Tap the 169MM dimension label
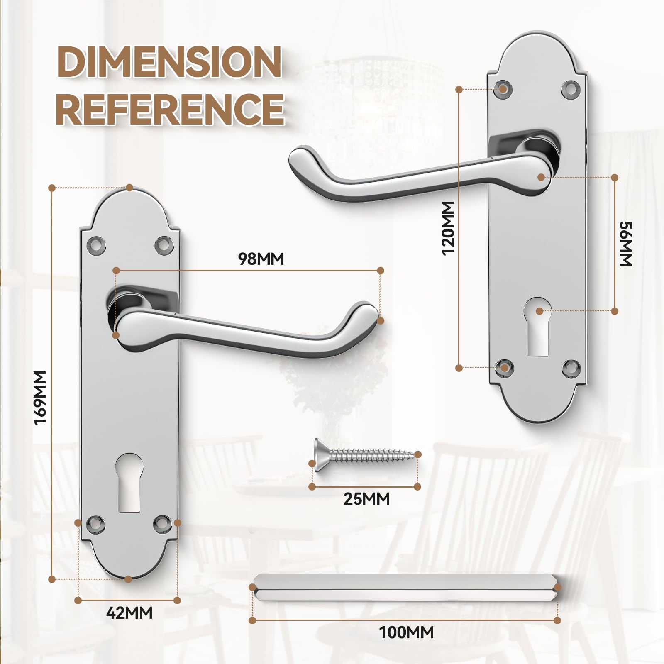pos(40,397)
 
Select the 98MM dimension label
pos(261,259)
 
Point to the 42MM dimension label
pos(129,613)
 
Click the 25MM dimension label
pos(366,498)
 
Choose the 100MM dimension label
pos(406,632)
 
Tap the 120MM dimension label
pos(448,228)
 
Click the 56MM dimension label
pos(626,244)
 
